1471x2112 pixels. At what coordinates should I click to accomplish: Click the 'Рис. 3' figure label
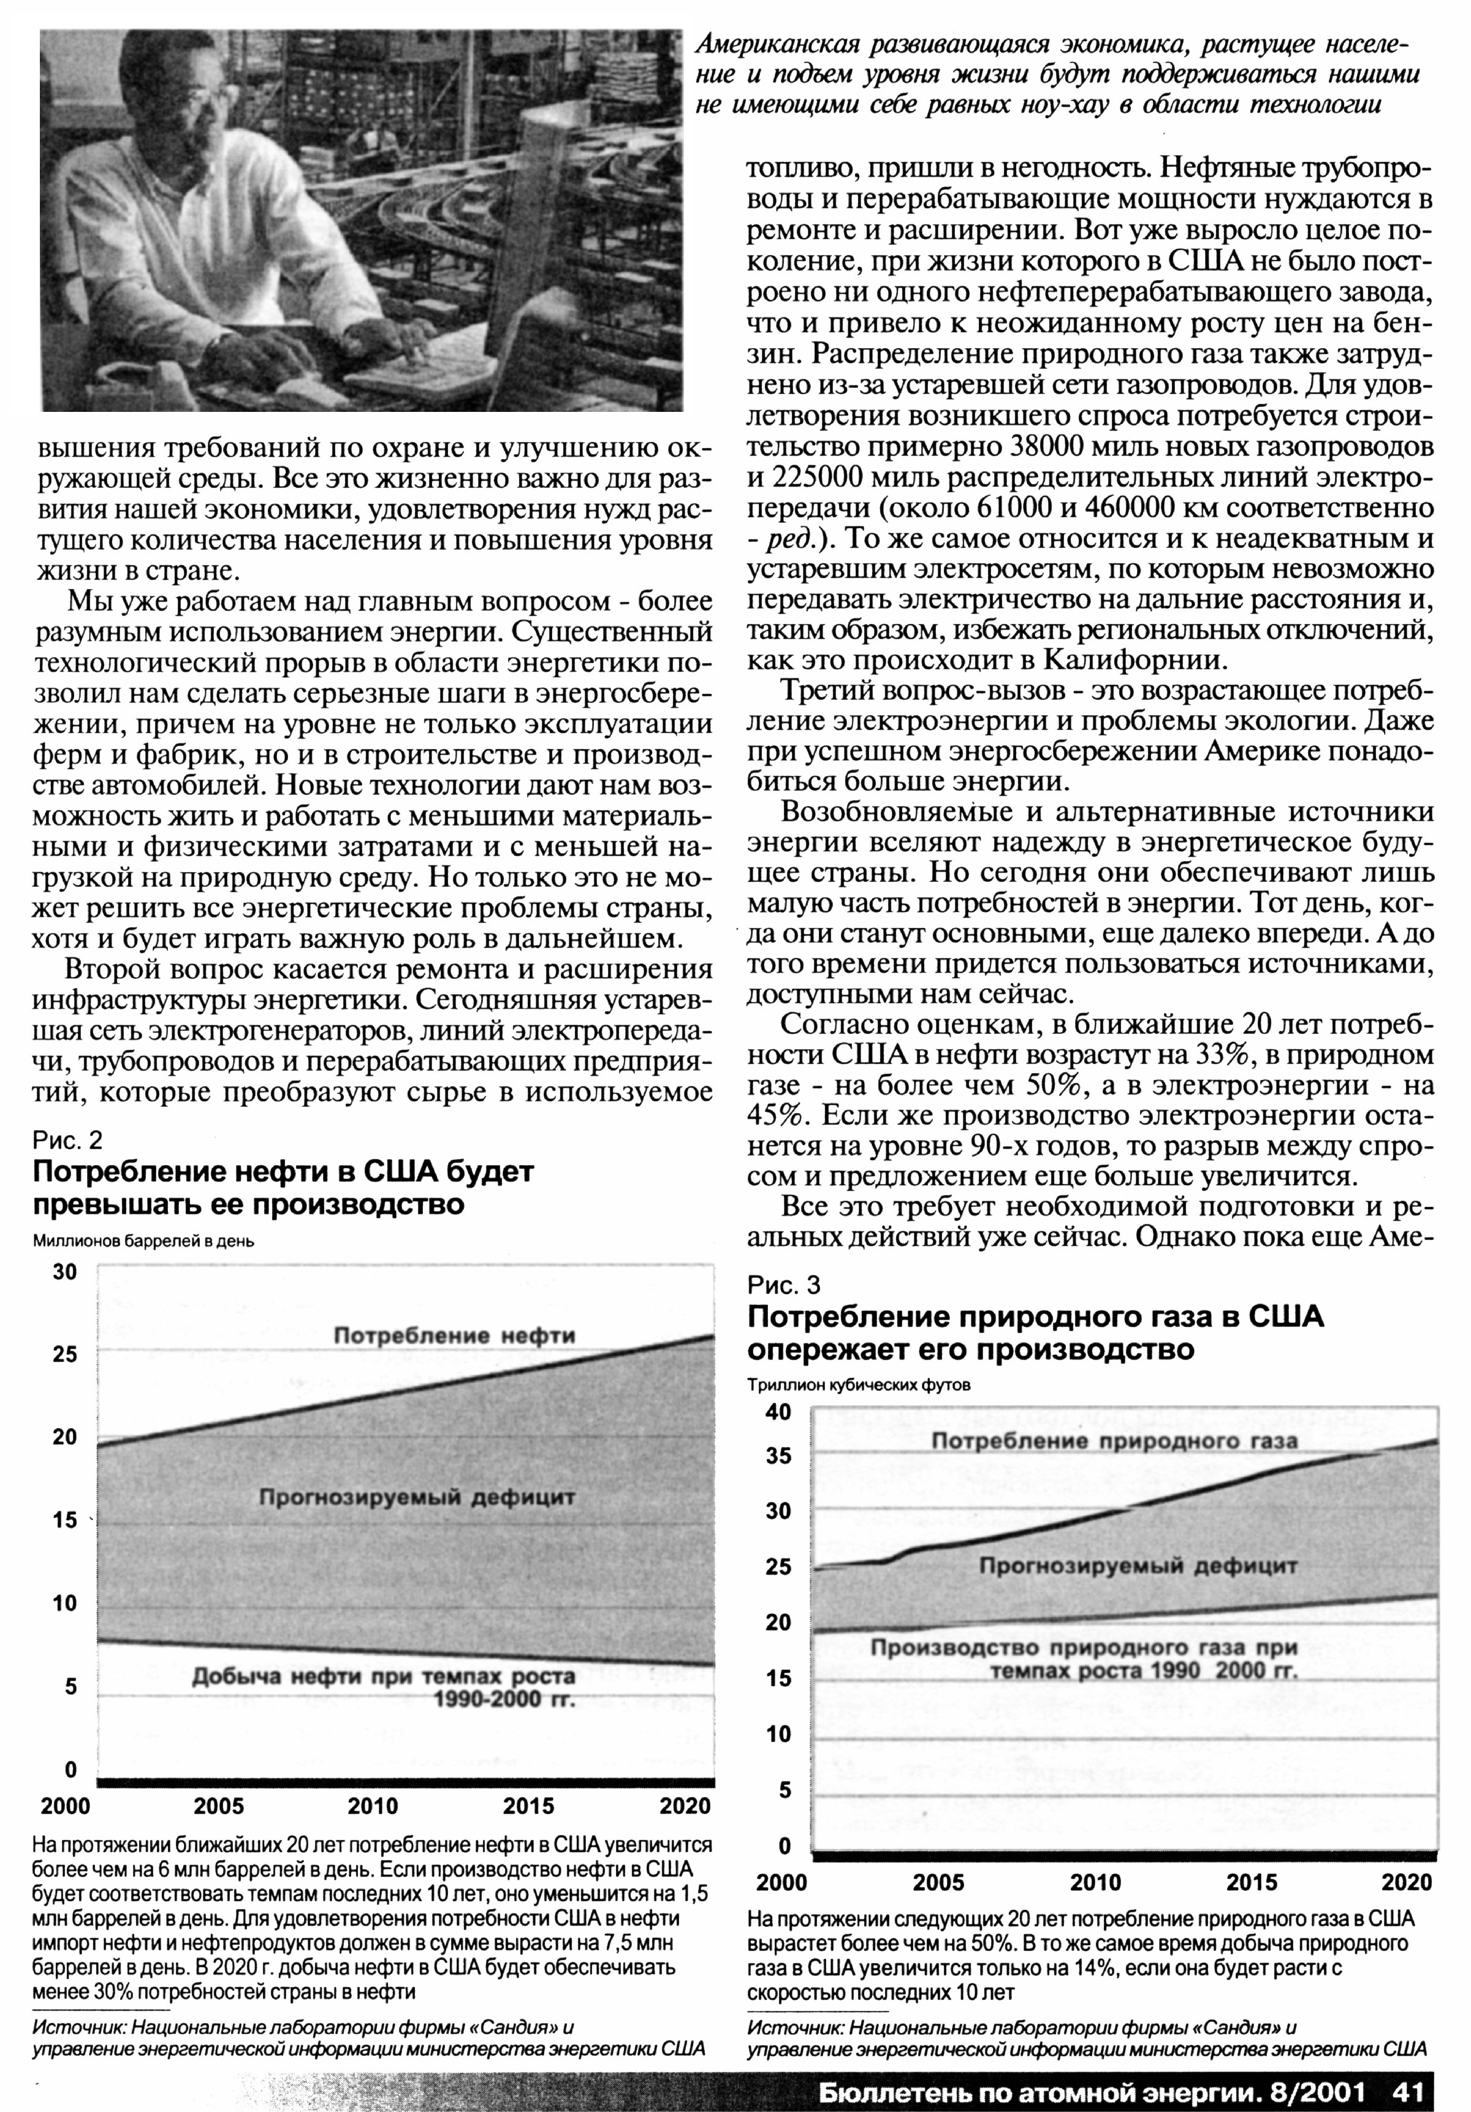click(784, 1284)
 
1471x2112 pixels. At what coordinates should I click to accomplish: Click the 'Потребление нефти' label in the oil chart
click(454, 1335)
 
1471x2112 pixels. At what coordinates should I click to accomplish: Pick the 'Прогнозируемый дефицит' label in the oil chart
click(417, 1497)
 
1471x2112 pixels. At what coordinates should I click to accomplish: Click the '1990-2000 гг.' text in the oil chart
click(504, 1700)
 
